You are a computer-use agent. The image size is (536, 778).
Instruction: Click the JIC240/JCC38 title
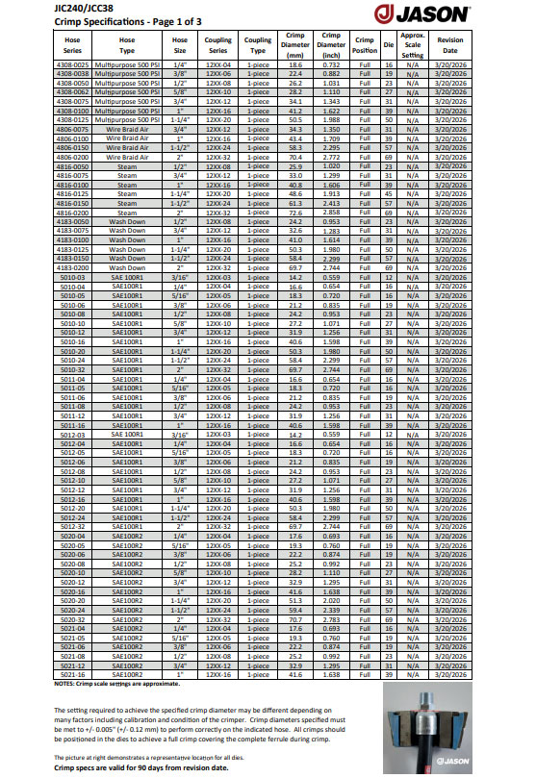37,6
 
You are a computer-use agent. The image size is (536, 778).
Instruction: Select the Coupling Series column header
220,45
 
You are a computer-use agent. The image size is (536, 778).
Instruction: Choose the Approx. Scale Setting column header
413,45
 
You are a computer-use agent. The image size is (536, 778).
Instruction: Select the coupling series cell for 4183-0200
220,267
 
